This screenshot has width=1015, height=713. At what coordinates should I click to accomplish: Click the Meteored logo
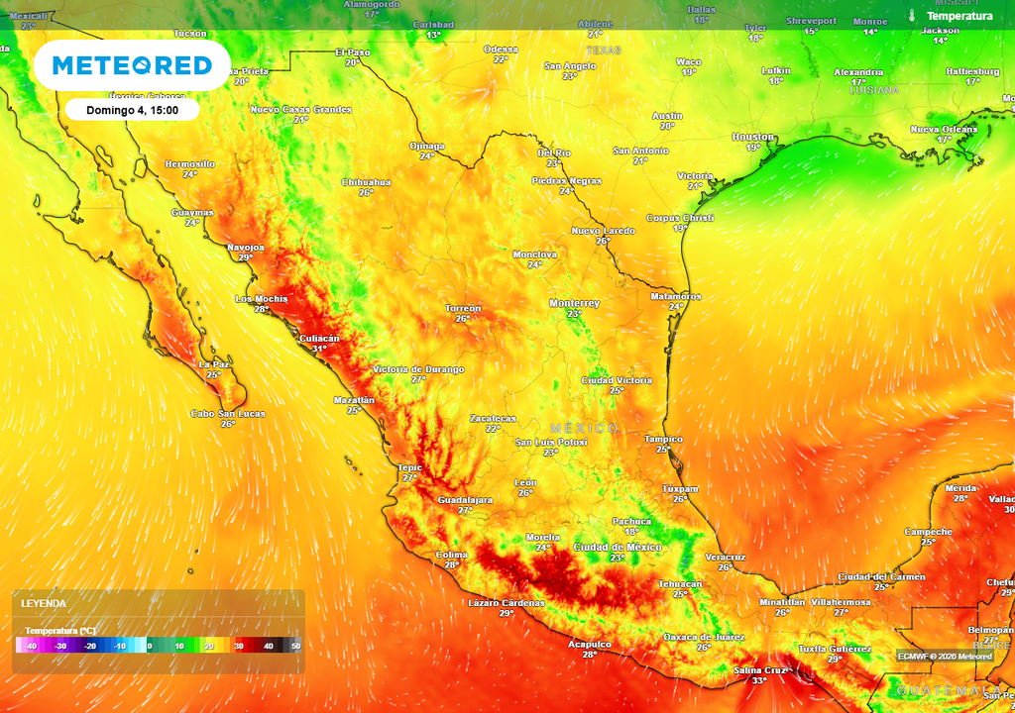pos(132,65)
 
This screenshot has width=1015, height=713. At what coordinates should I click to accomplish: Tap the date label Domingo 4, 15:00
pos(133,110)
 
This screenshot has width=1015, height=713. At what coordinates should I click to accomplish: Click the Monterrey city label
pos(575,303)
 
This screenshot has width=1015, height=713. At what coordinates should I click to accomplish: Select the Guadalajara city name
pos(465,500)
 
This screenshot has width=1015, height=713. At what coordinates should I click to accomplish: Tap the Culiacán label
pos(319,338)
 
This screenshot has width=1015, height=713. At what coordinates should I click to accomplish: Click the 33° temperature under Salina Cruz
pos(759,680)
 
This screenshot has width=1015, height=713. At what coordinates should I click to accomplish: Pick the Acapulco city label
pos(590,644)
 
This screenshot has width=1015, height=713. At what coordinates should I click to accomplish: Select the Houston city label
pos(753,137)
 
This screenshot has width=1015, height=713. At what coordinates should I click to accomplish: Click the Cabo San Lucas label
pos(228,413)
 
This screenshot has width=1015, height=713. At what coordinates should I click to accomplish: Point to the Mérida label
pos(960,488)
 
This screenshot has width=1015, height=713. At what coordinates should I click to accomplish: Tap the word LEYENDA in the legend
pos(44,603)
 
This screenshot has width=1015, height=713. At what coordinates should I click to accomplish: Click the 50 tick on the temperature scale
pos(295,646)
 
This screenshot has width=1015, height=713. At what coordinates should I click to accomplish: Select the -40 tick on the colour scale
pos(32,646)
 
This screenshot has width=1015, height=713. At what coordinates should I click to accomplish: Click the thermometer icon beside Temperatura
pos(911,16)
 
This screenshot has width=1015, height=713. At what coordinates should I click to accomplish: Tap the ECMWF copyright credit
pos(945,656)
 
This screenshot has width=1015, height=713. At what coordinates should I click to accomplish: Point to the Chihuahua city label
pos(366,182)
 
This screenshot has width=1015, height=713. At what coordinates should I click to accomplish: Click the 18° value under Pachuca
pos(631,532)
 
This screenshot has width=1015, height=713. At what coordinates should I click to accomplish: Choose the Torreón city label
pos(463,308)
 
